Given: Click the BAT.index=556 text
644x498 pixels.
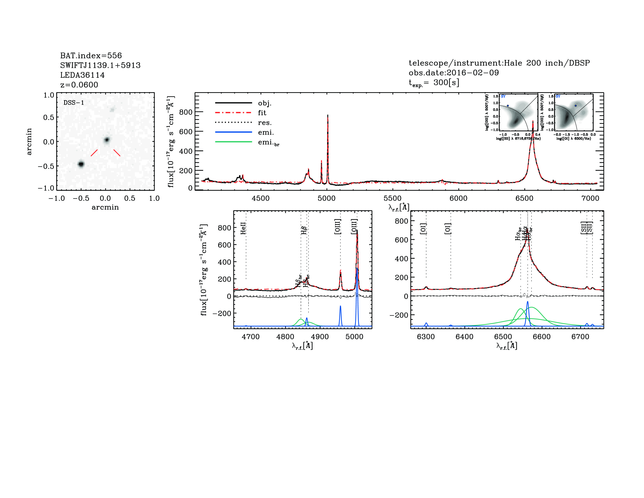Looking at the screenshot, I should [91, 55].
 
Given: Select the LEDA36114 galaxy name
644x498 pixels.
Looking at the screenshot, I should [82, 75].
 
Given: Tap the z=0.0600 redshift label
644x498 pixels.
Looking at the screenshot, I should [79, 85].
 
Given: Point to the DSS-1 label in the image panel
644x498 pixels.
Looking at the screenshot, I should [74, 103].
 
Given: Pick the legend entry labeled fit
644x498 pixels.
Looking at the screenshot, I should [262, 113].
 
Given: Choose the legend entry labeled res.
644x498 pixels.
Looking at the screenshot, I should [264, 122].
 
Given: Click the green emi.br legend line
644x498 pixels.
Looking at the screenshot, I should [234, 142].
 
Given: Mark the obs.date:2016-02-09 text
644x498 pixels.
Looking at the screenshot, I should [454, 73].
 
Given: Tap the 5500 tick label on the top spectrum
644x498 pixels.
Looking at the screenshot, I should [392, 198].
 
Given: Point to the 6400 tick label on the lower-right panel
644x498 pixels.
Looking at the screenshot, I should [464, 337].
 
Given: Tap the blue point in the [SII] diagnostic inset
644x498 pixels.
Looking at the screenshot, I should [508, 105].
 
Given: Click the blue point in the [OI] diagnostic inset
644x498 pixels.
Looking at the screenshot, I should [575, 105].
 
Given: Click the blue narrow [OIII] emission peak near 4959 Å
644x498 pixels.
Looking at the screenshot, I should [340, 307].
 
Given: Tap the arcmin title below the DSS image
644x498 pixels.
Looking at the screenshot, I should [105, 207].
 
